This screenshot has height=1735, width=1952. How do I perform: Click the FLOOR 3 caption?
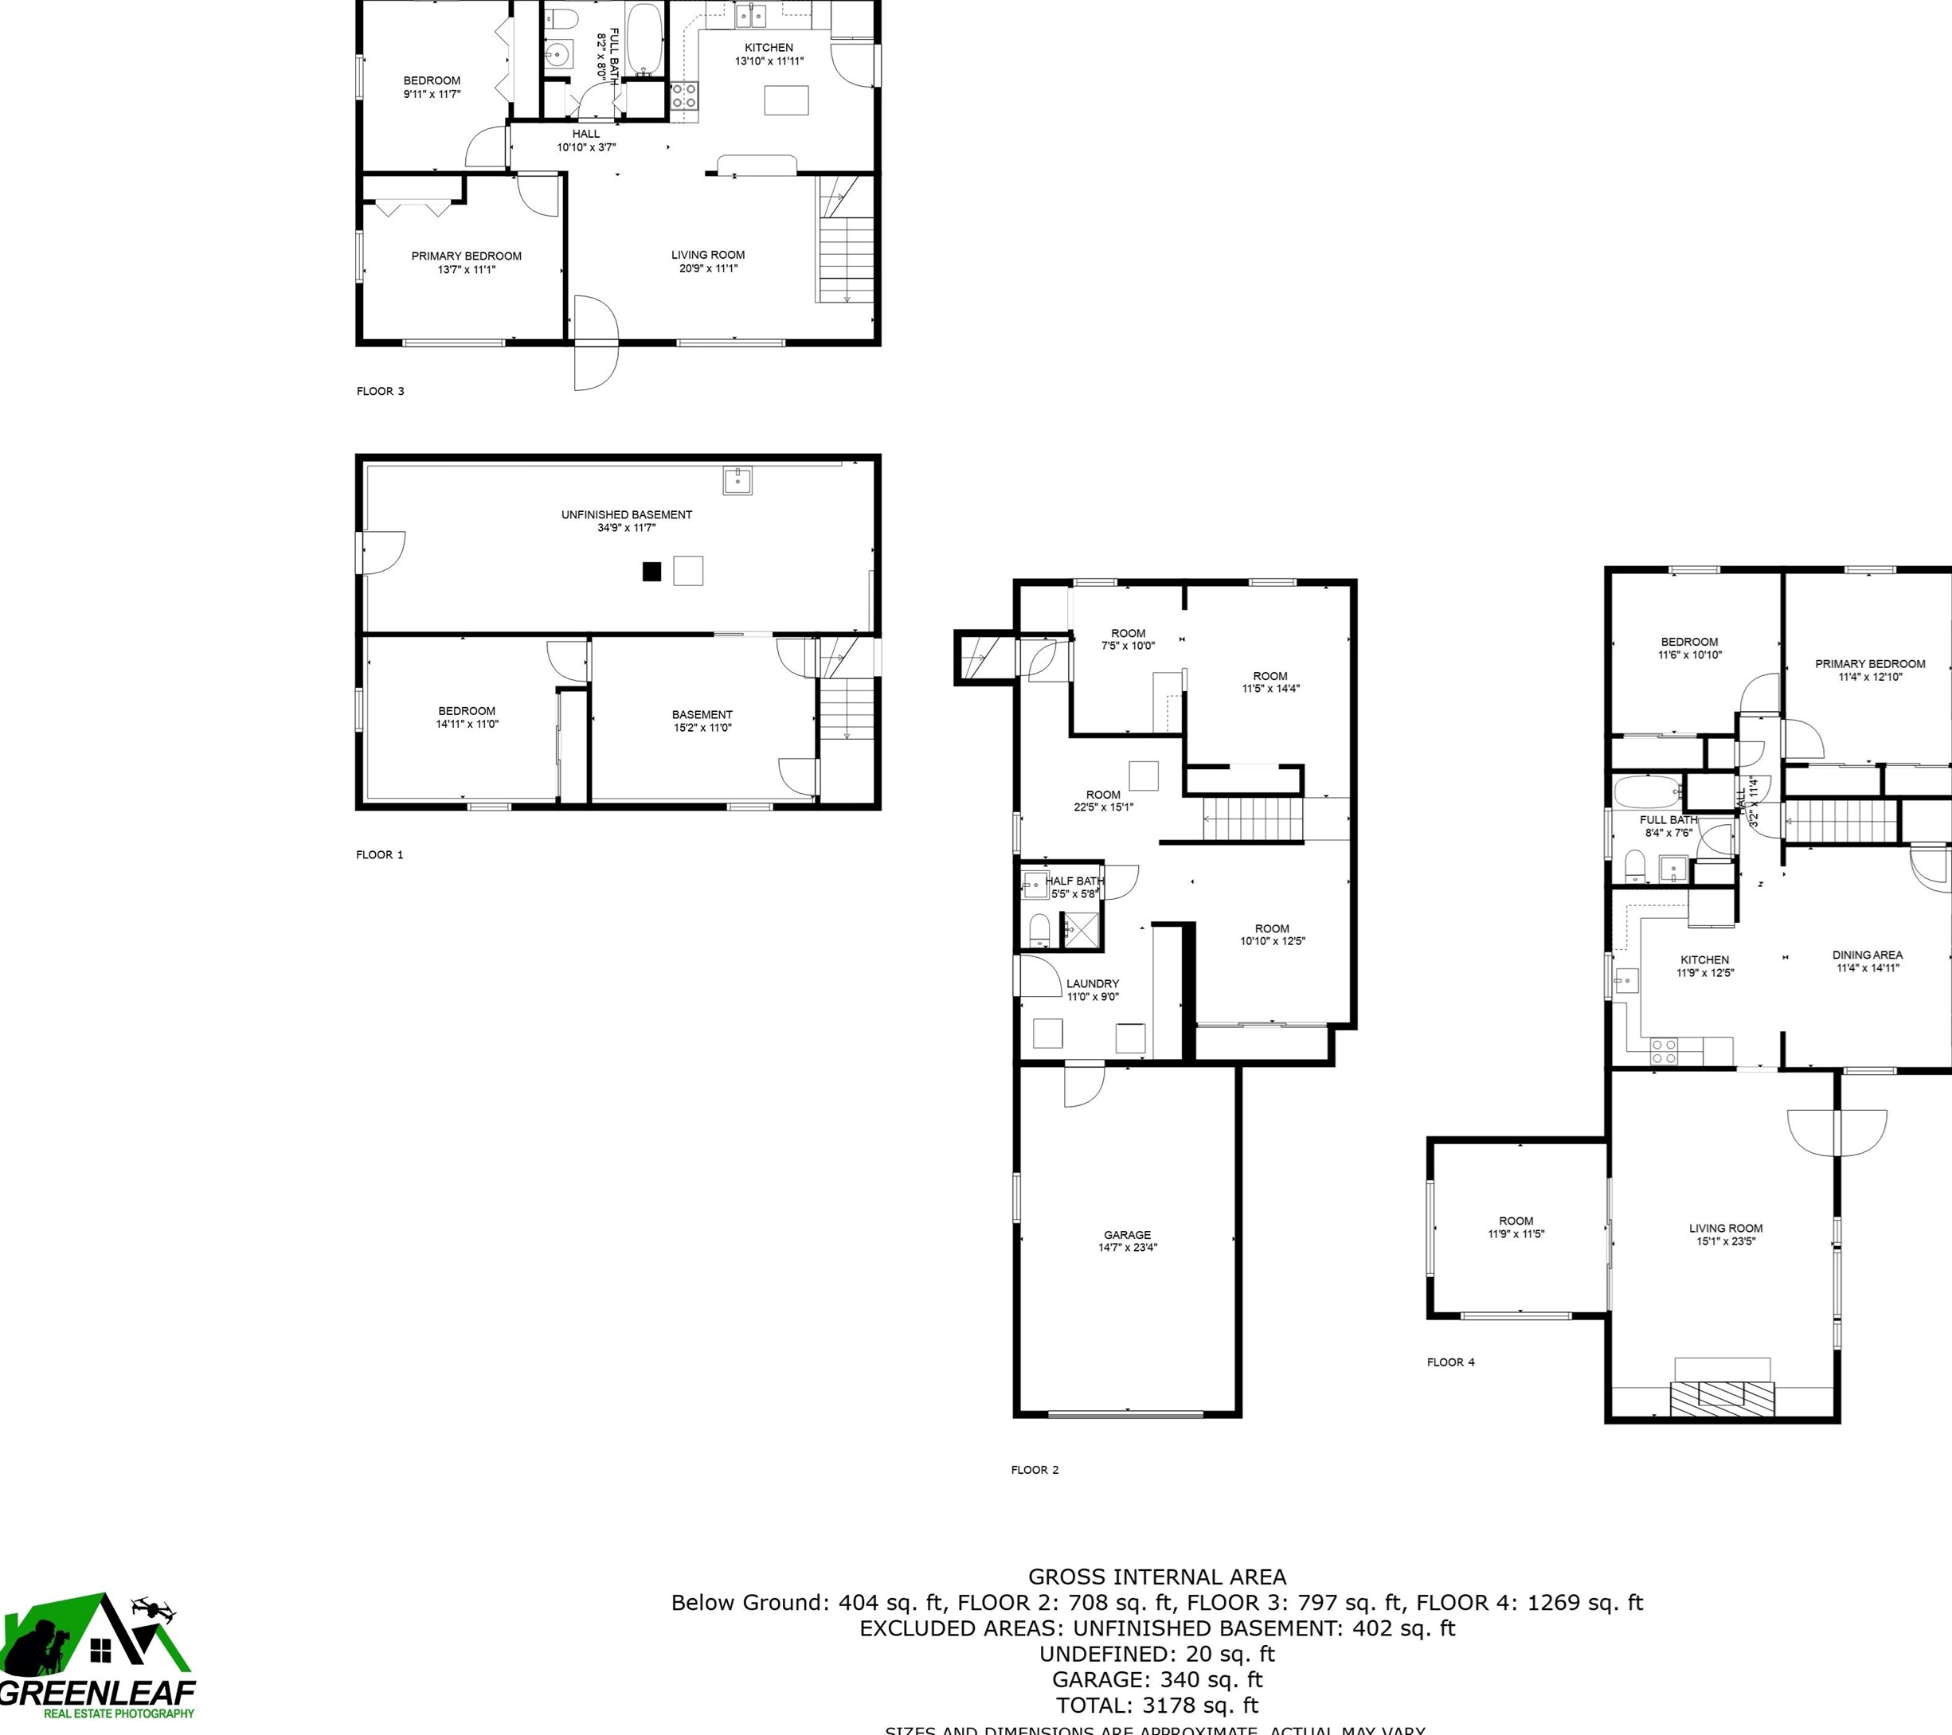coord(380,390)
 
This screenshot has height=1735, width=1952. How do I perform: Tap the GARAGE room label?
coord(1127,1235)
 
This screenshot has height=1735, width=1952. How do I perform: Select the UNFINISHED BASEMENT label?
coord(627,514)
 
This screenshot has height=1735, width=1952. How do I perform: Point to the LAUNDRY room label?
coord(1093,983)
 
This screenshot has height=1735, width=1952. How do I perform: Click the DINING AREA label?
coord(1867,955)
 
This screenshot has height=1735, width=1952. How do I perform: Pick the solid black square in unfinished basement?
coord(652,572)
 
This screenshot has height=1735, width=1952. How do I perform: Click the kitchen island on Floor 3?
coord(786,100)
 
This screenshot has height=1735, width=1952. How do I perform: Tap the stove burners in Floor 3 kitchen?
coord(684,96)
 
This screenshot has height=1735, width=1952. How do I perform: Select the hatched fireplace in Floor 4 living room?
coord(1722,1399)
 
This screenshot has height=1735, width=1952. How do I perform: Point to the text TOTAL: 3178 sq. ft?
coord(1156,1705)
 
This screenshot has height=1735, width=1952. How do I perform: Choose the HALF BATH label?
coord(1074,881)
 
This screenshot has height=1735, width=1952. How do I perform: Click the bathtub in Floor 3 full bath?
coord(643,38)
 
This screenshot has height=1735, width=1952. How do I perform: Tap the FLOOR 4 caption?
coord(1450,1362)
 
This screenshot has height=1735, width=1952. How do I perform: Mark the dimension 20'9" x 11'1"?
coord(708,268)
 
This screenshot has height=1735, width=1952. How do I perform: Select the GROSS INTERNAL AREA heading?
coord(1156,1577)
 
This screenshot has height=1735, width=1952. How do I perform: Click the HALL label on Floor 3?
coord(586,134)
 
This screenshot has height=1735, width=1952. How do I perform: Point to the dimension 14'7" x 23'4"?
coord(1127,1247)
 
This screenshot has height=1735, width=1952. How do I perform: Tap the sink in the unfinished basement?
coord(737,479)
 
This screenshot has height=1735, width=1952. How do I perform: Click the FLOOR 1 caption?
coord(380,854)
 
